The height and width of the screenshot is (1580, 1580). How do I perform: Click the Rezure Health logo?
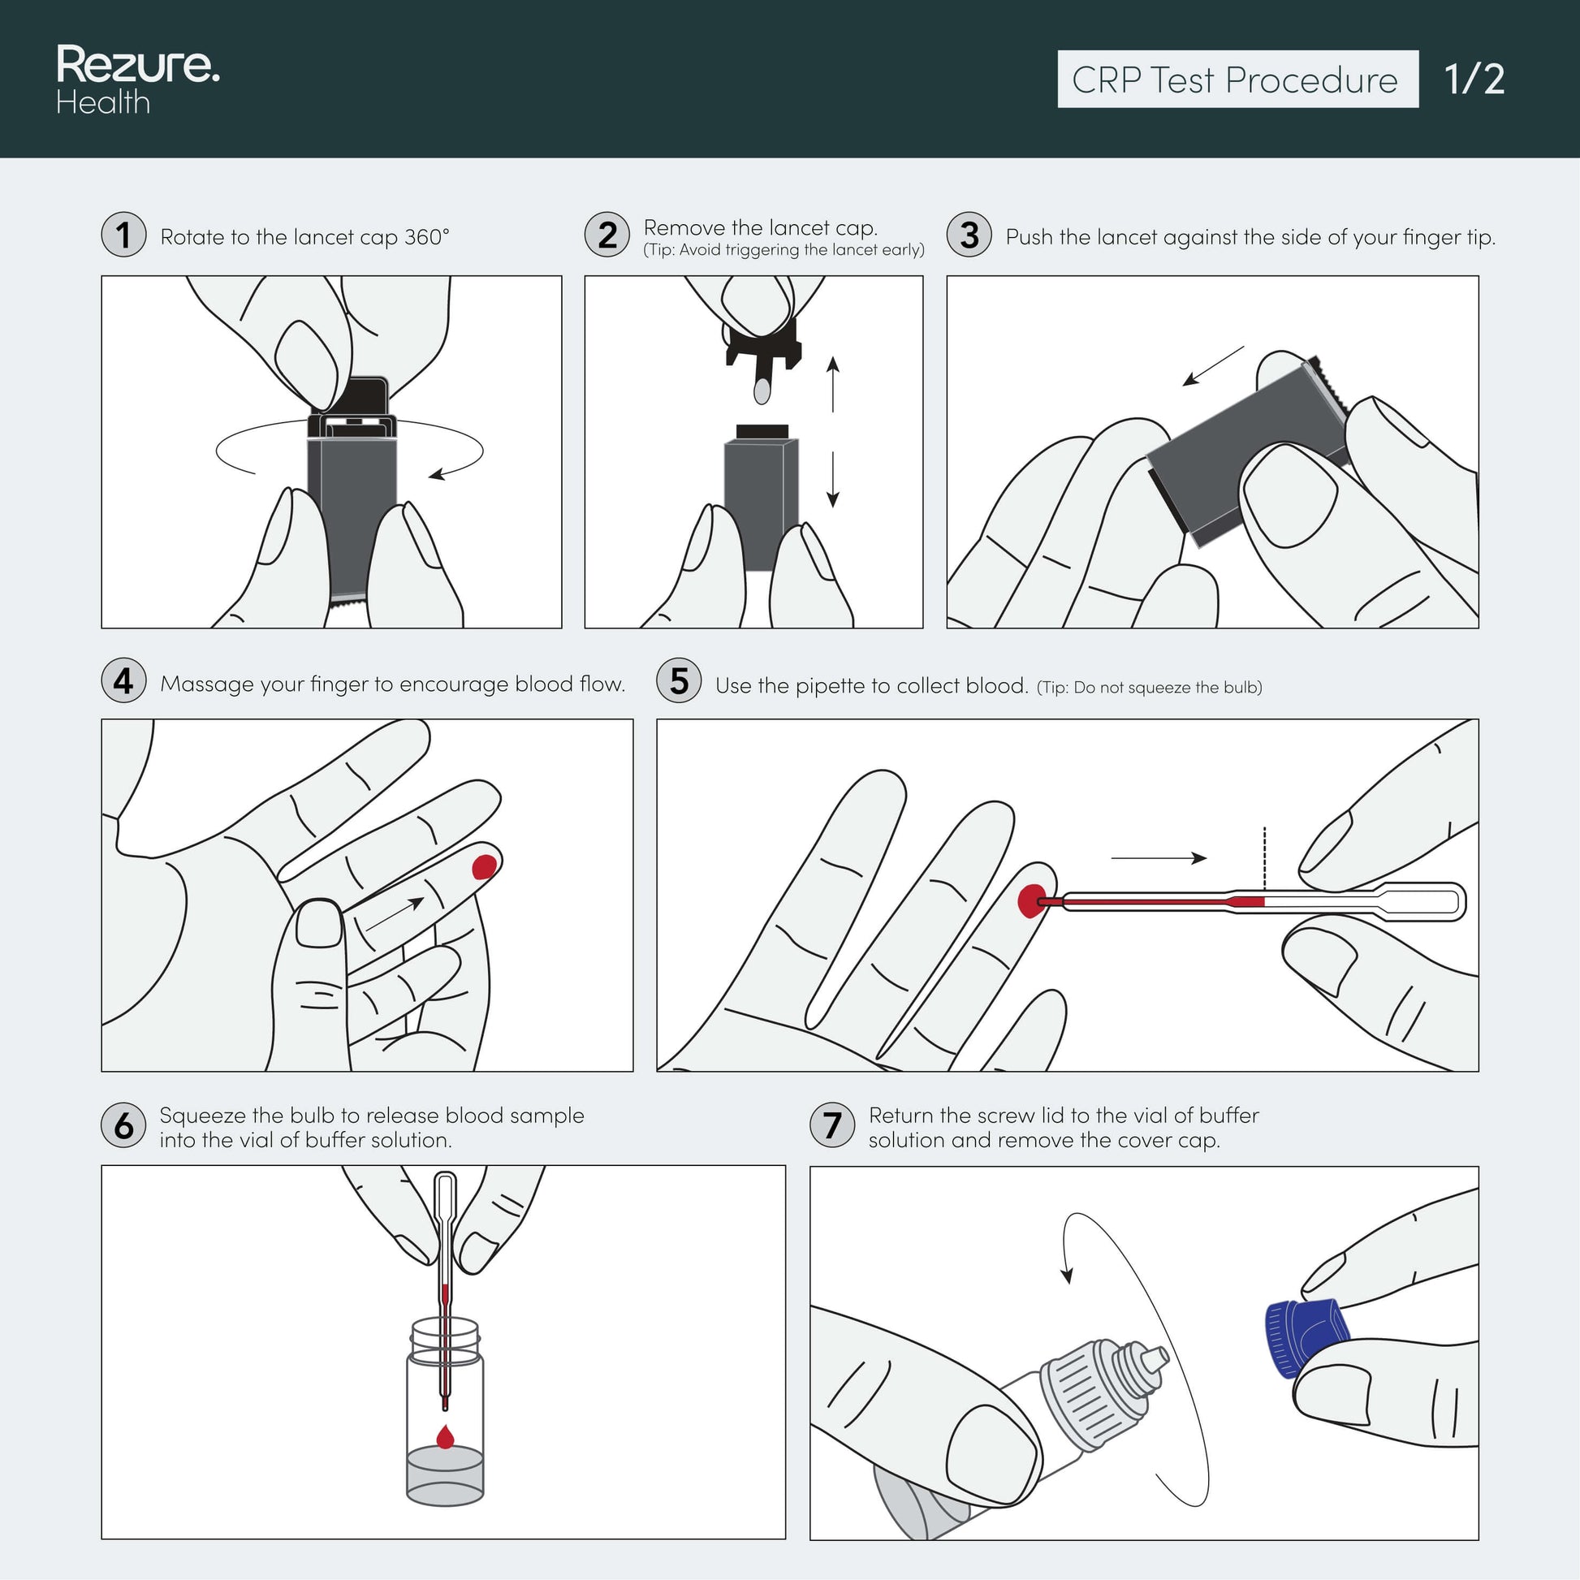(137, 80)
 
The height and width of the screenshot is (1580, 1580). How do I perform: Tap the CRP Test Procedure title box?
(1237, 80)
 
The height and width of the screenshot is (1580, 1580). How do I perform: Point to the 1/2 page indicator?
(1474, 80)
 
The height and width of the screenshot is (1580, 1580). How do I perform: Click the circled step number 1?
(123, 235)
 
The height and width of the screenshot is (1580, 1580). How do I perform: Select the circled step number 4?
(123, 680)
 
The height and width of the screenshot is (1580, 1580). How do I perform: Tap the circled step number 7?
(831, 1125)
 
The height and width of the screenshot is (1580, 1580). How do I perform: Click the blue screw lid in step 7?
(1305, 1339)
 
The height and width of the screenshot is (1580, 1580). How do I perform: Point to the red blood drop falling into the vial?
(445, 1437)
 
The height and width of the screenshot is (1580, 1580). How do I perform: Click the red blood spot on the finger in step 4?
(484, 866)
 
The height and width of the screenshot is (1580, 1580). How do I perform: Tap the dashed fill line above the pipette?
(1264, 858)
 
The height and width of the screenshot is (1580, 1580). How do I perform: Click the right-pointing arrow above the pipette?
(1158, 858)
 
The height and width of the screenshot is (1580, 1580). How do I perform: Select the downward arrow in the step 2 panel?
(832, 478)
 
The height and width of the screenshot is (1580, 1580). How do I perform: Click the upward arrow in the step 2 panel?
(832, 384)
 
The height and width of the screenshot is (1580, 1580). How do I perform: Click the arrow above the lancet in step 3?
(1213, 365)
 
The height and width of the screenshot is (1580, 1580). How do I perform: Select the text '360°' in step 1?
(427, 237)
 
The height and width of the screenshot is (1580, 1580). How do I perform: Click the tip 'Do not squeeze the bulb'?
(1149, 687)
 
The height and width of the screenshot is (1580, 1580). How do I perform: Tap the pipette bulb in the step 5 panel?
(1420, 902)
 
